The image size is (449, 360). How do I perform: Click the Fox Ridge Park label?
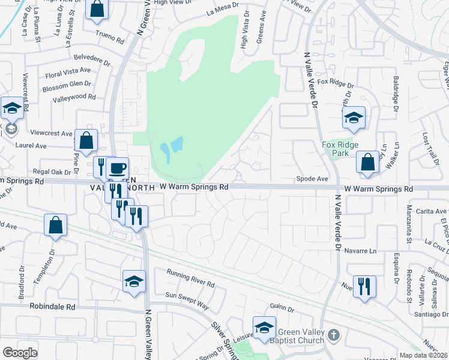coord(340,149)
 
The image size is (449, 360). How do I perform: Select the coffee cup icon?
coord(118,168)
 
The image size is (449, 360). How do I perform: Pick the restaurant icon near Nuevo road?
coord(364,287)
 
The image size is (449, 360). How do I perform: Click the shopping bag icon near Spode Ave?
coord(367,162)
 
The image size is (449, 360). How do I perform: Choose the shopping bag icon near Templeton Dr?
coord(55,226)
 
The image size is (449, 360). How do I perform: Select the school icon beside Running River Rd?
coord(134,281)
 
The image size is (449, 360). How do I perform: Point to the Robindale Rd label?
coord(53,306)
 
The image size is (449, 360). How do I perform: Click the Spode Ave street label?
coord(313,179)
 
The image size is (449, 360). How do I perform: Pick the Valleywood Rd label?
coord(74,97)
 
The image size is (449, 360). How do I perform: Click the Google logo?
coord(20,352)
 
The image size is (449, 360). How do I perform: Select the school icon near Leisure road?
coord(264,328)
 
